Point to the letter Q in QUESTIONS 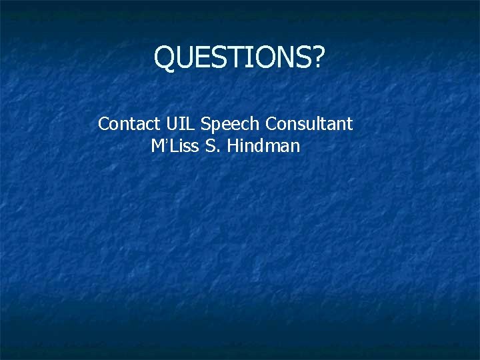(x=164, y=59)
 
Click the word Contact (x=129, y=124)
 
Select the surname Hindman (x=263, y=146)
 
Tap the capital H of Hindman (x=233, y=146)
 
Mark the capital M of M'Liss (x=157, y=146)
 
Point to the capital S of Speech (x=205, y=124)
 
